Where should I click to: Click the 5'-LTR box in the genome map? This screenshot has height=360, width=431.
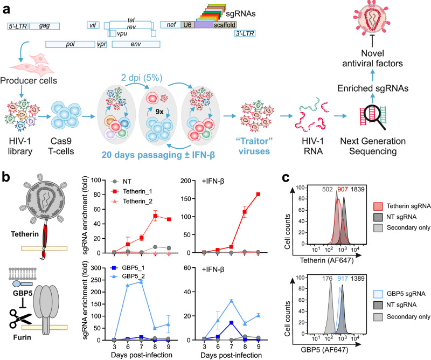coord(18,25)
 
